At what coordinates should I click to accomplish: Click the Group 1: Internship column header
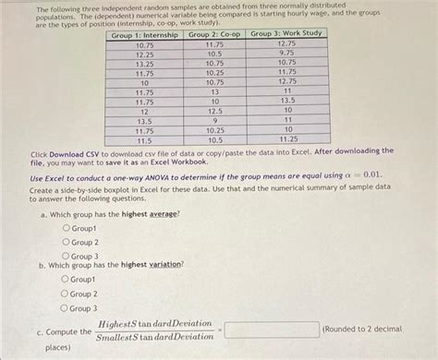pyautogui.click(x=144, y=35)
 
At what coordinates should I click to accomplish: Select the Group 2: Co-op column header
pyautogui.click(x=214, y=35)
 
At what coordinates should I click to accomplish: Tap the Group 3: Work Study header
pyautogui.click(x=286, y=35)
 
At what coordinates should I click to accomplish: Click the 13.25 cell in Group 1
pyautogui.click(x=144, y=64)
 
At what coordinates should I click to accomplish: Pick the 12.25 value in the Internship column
pyautogui.click(x=144, y=54)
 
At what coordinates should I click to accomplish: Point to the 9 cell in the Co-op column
pyautogui.click(x=214, y=121)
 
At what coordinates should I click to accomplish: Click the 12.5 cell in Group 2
pyautogui.click(x=214, y=111)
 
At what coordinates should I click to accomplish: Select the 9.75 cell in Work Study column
pyautogui.click(x=286, y=54)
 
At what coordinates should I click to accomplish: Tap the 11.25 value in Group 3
pyautogui.click(x=286, y=139)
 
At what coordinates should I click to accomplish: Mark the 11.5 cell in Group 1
pyautogui.click(x=144, y=140)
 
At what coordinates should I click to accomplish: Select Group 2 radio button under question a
pyautogui.click(x=66, y=242)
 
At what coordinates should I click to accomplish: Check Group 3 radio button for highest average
pyautogui.click(x=66, y=256)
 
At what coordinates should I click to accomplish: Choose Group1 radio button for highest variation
pyautogui.click(x=66, y=279)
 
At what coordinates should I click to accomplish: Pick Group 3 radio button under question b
pyautogui.click(x=66, y=308)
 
